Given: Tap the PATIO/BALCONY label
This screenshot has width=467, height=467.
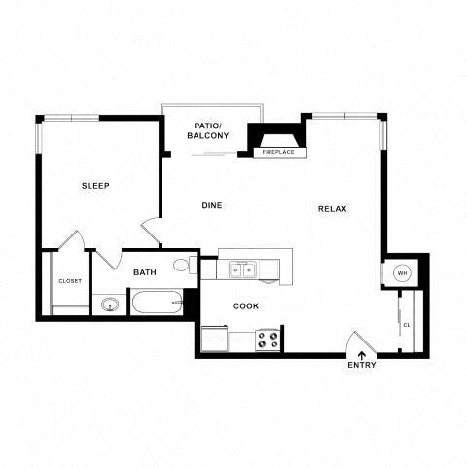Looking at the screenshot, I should pyautogui.click(x=207, y=131).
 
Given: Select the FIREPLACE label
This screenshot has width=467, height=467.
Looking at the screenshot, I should pyautogui.click(x=277, y=152).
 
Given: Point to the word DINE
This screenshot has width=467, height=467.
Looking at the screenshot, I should pyautogui.click(x=211, y=205).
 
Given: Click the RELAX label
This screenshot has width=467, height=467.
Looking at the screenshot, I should pyautogui.click(x=332, y=209).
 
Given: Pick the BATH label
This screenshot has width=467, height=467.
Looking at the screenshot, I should pyautogui.click(x=145, y=273).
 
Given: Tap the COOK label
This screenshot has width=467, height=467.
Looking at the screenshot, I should pyautogui.click(x=245, y=305).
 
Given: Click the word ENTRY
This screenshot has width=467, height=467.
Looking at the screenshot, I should pyautogui.click(x=361, y=365).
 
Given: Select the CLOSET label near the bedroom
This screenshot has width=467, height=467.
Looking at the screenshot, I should pyautogui.click(x=70, y=281).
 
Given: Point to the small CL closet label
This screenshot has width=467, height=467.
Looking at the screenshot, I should pyautogui.click(x=407, y=325).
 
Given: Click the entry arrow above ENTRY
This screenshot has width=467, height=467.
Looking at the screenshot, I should pyautogui.click(x=362, y=354).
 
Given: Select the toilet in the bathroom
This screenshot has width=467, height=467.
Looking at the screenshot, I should pyautogui.click(x=183, y=266).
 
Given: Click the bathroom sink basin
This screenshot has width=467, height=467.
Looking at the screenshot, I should pyautogui.click(x=110, y=305).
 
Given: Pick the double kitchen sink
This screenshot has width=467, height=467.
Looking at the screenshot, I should pyautogui.click(x=240, y=269).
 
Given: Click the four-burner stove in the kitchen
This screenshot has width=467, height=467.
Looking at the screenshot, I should pyautogui.click(x=268, y=340).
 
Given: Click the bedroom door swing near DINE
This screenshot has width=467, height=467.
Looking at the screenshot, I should pyautogui.click(x=152, y=232).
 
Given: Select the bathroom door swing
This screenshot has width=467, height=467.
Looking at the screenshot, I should pyautogui.click(x=107, y=258).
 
